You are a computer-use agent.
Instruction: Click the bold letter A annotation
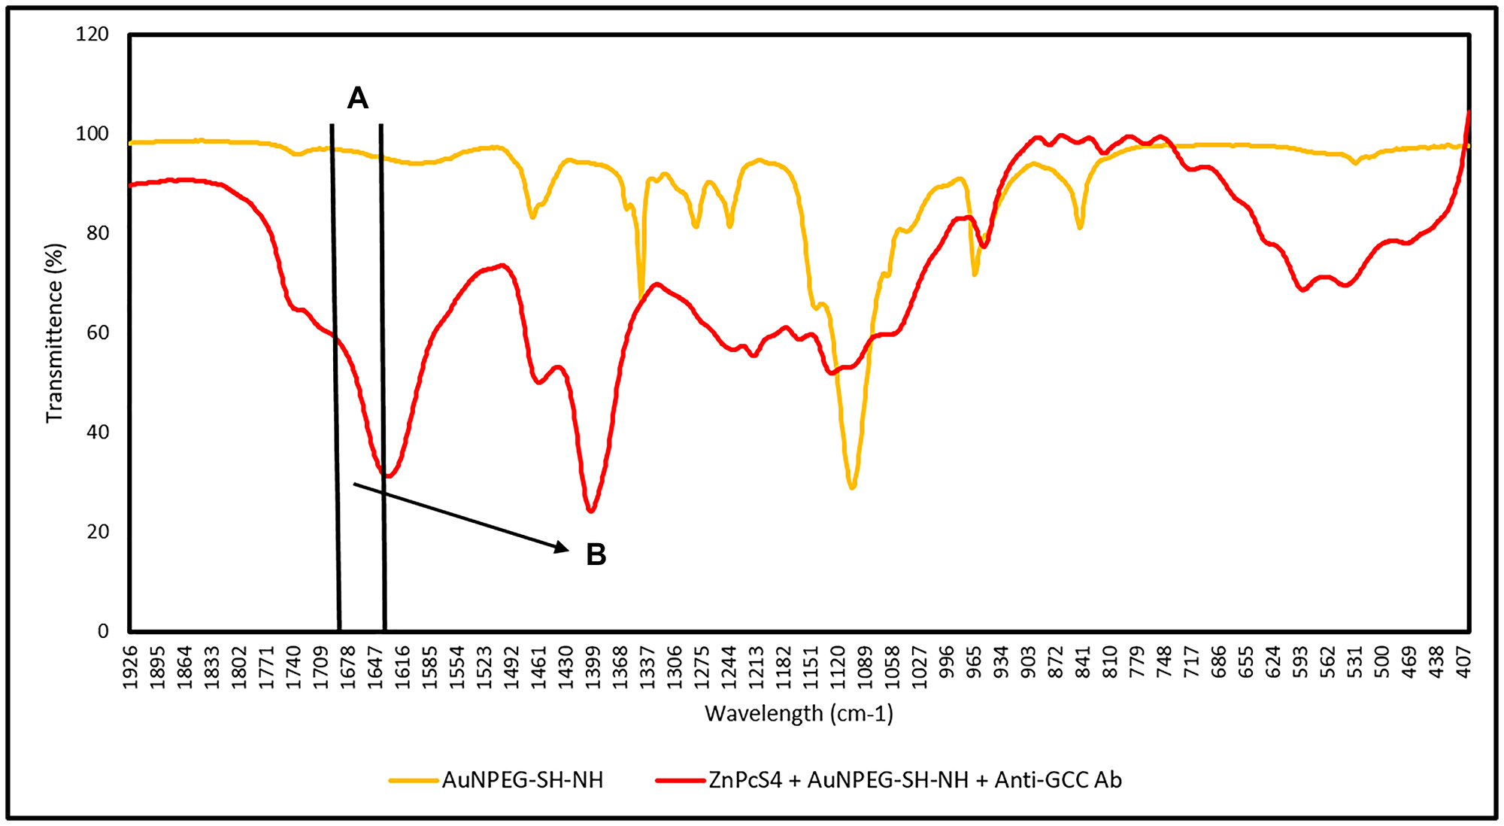[357, 98]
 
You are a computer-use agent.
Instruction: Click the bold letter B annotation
[596, 555]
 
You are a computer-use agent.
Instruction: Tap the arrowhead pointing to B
[562, 548]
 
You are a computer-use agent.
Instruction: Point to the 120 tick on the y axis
[92, 35]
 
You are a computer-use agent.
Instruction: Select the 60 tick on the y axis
[97, 333]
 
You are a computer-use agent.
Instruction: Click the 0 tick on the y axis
[103, 631]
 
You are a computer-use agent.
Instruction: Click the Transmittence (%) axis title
[54, 333]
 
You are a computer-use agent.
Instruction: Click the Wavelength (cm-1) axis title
[799, 713]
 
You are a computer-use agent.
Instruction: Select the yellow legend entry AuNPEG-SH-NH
[522, 780]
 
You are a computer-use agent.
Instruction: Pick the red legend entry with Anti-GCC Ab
[914, 780]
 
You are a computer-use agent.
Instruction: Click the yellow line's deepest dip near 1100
[852, 488]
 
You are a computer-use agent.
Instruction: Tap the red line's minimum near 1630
[388, 476]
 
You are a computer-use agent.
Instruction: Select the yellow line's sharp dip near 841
[1080, 227]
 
